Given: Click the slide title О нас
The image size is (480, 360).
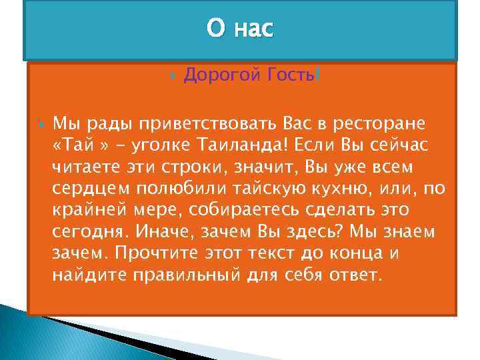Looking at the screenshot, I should (x=239, y=29).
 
